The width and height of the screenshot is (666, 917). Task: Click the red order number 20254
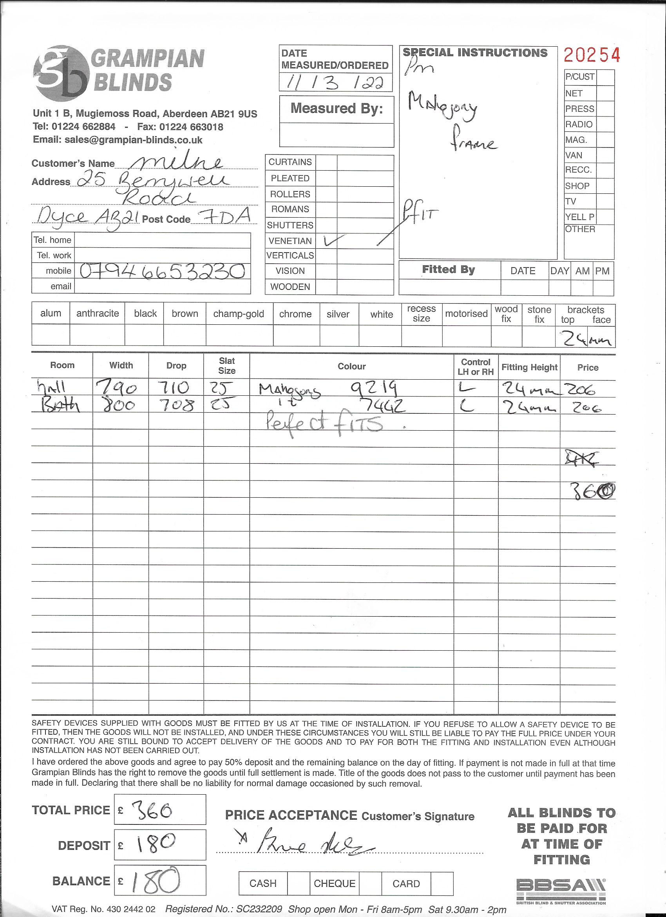591,55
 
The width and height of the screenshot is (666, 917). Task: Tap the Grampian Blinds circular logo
61,73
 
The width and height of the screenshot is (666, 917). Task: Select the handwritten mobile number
162,271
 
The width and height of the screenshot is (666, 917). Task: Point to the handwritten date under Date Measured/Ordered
335,83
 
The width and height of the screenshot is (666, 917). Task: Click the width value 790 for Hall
117,388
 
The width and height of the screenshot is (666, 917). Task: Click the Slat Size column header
226,366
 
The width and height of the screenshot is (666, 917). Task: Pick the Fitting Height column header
529,367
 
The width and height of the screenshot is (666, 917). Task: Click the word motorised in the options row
466,314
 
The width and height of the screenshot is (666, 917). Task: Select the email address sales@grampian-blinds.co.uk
133,140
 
